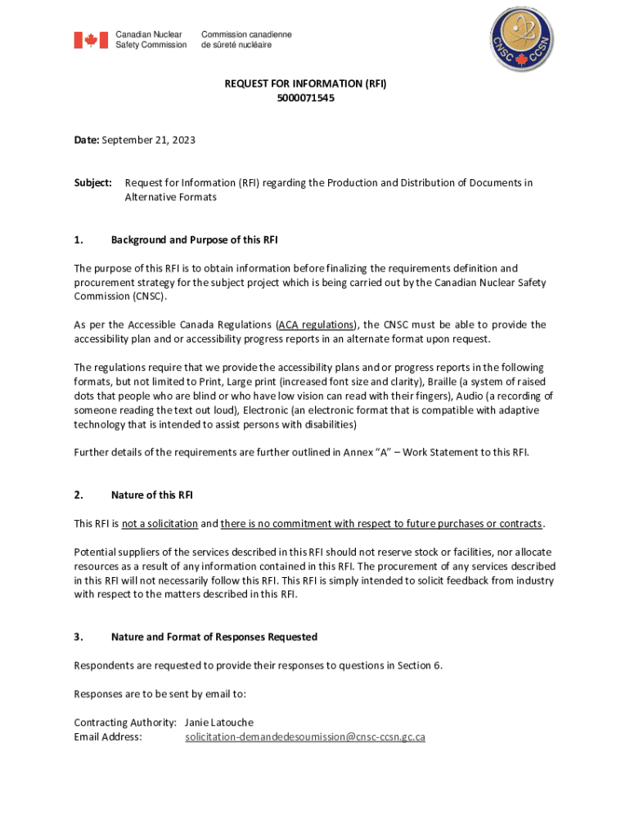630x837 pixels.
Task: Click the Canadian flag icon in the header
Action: coord(91,40)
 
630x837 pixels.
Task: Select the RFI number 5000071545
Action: coord(305,98)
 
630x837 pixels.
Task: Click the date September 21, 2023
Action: coord(149,141)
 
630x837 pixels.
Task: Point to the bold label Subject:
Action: coord(92,183)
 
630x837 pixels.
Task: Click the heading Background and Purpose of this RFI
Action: coord(194,239)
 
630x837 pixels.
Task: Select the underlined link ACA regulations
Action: coord(317,325)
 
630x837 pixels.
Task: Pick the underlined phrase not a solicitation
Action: coord(160,523)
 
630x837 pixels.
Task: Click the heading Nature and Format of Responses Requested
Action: coord(214,637)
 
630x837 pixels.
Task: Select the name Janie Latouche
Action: coord(219,723)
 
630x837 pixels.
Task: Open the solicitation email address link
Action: coord(305,737)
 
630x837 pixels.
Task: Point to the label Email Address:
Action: coord(108,737)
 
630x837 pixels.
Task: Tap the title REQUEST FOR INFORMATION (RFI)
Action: coord(305,84)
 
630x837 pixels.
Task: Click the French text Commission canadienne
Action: coord(246,34)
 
